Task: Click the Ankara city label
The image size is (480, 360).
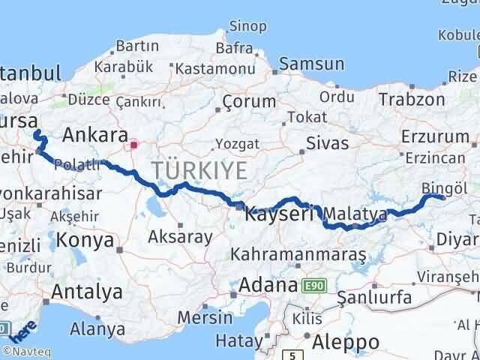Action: tap(94, 135)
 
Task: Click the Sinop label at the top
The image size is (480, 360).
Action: tap(248, 27)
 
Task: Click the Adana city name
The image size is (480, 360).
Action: tap(268, 286)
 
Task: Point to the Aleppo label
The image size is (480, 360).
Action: tap(346, 341)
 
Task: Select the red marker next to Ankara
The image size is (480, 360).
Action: tap(133, 144)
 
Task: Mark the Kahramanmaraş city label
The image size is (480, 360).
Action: tap(298, 256)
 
